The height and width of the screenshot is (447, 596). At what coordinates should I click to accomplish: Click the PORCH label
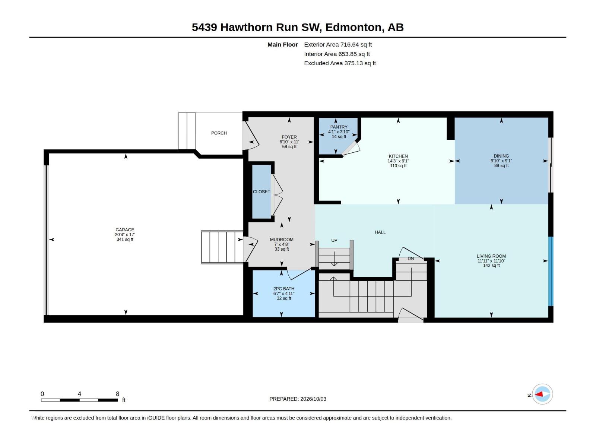tap(219, 133)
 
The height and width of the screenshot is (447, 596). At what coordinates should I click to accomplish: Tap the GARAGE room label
tap(125, 229)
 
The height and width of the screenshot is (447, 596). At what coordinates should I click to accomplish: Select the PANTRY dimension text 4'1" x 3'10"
tap(339, 132)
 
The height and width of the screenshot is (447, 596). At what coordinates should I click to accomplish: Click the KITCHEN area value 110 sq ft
tap(398, 165)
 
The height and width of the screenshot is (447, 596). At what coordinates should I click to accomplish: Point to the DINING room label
tap(501, 156)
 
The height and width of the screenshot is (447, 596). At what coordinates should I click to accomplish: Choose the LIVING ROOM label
tap(491, 256)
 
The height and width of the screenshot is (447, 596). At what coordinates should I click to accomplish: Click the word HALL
tap(380, 232)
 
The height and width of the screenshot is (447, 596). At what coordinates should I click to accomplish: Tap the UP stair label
tap(334, 240)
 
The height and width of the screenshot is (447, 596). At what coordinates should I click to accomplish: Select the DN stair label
tap(410, 259)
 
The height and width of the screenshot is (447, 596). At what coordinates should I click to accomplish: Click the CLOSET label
tap(261, 191)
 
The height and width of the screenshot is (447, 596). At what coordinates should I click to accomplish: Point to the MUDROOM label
tap(282, 240)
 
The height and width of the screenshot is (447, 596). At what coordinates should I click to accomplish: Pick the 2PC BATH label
tap(284, 289)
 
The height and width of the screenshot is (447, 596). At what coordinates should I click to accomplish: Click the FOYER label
tap(289, 137)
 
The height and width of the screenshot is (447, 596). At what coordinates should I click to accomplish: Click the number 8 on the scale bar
tap(117, 394)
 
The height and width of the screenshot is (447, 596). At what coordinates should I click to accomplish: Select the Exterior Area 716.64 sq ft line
tap(338, 44)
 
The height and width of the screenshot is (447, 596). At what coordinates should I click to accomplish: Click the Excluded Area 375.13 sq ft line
tap(340, 63)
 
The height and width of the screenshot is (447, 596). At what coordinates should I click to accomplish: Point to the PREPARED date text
tap(298, 399)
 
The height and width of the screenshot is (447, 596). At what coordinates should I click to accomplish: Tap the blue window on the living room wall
tap(551, 271)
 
